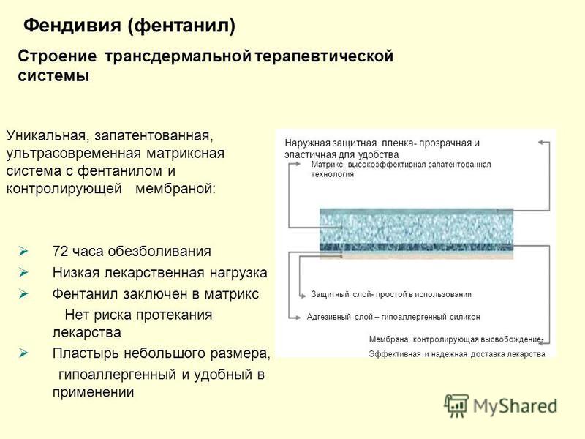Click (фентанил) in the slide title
[x=182, y=26]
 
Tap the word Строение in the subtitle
[x=57, y=56]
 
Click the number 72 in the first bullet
[x=60, y=251]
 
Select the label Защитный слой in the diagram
[x=339, y=294]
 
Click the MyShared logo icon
[x=457, y=405]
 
